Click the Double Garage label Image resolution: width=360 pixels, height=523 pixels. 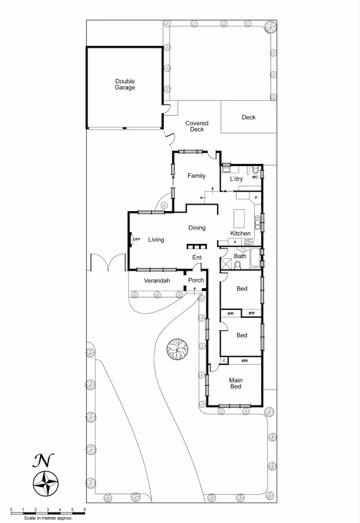125,84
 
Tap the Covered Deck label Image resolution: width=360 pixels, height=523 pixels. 197,126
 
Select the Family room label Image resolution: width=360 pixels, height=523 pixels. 197,176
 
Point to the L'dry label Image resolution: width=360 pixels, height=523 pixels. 236,178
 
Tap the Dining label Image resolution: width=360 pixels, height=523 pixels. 197,228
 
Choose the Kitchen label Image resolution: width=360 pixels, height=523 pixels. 240,233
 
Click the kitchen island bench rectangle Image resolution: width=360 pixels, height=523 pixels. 239,217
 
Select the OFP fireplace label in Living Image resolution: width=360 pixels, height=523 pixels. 137,240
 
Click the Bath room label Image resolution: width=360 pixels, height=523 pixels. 240,256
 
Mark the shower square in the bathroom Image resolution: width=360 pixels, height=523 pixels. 254,256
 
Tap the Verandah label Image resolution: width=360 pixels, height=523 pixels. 157,280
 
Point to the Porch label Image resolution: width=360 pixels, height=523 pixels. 196,280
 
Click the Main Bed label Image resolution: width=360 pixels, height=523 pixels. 235,383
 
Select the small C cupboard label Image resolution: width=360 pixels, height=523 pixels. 224,360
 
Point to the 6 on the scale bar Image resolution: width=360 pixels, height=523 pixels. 84,509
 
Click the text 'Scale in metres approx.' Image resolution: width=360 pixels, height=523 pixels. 48,518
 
